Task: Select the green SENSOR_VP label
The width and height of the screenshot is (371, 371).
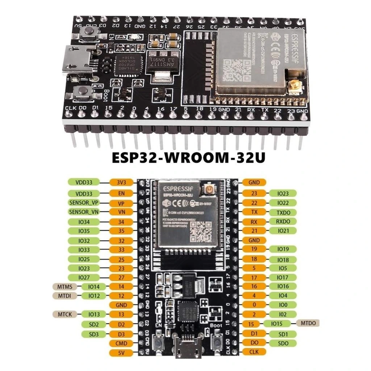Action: pyautogui.click(x=83, y=202)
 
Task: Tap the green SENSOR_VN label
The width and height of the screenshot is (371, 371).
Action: pyautogui.click(x=83, y=212)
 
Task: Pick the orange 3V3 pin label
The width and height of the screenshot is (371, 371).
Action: pyautogui.click(x=121, y=183)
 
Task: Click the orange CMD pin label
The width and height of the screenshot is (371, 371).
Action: pyautogui.click(x=121, y=343)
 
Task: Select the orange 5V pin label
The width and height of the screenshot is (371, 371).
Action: pyautogui.click(x=121, y=352)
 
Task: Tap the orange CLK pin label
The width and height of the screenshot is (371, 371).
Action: pyautogui.click(x=254, y=351)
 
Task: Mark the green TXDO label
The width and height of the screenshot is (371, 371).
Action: pyautogui.click(x=283, y=212)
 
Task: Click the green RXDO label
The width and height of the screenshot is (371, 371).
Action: pyautogui.click(x=283, y=221)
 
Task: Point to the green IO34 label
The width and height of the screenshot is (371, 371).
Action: pyautogui.click(x=83, y=221)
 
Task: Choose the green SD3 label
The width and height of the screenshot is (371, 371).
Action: pyautogui.click(x=93, y=334)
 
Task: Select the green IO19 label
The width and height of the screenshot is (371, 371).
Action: pyautogui.click(x=283, y=249)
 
